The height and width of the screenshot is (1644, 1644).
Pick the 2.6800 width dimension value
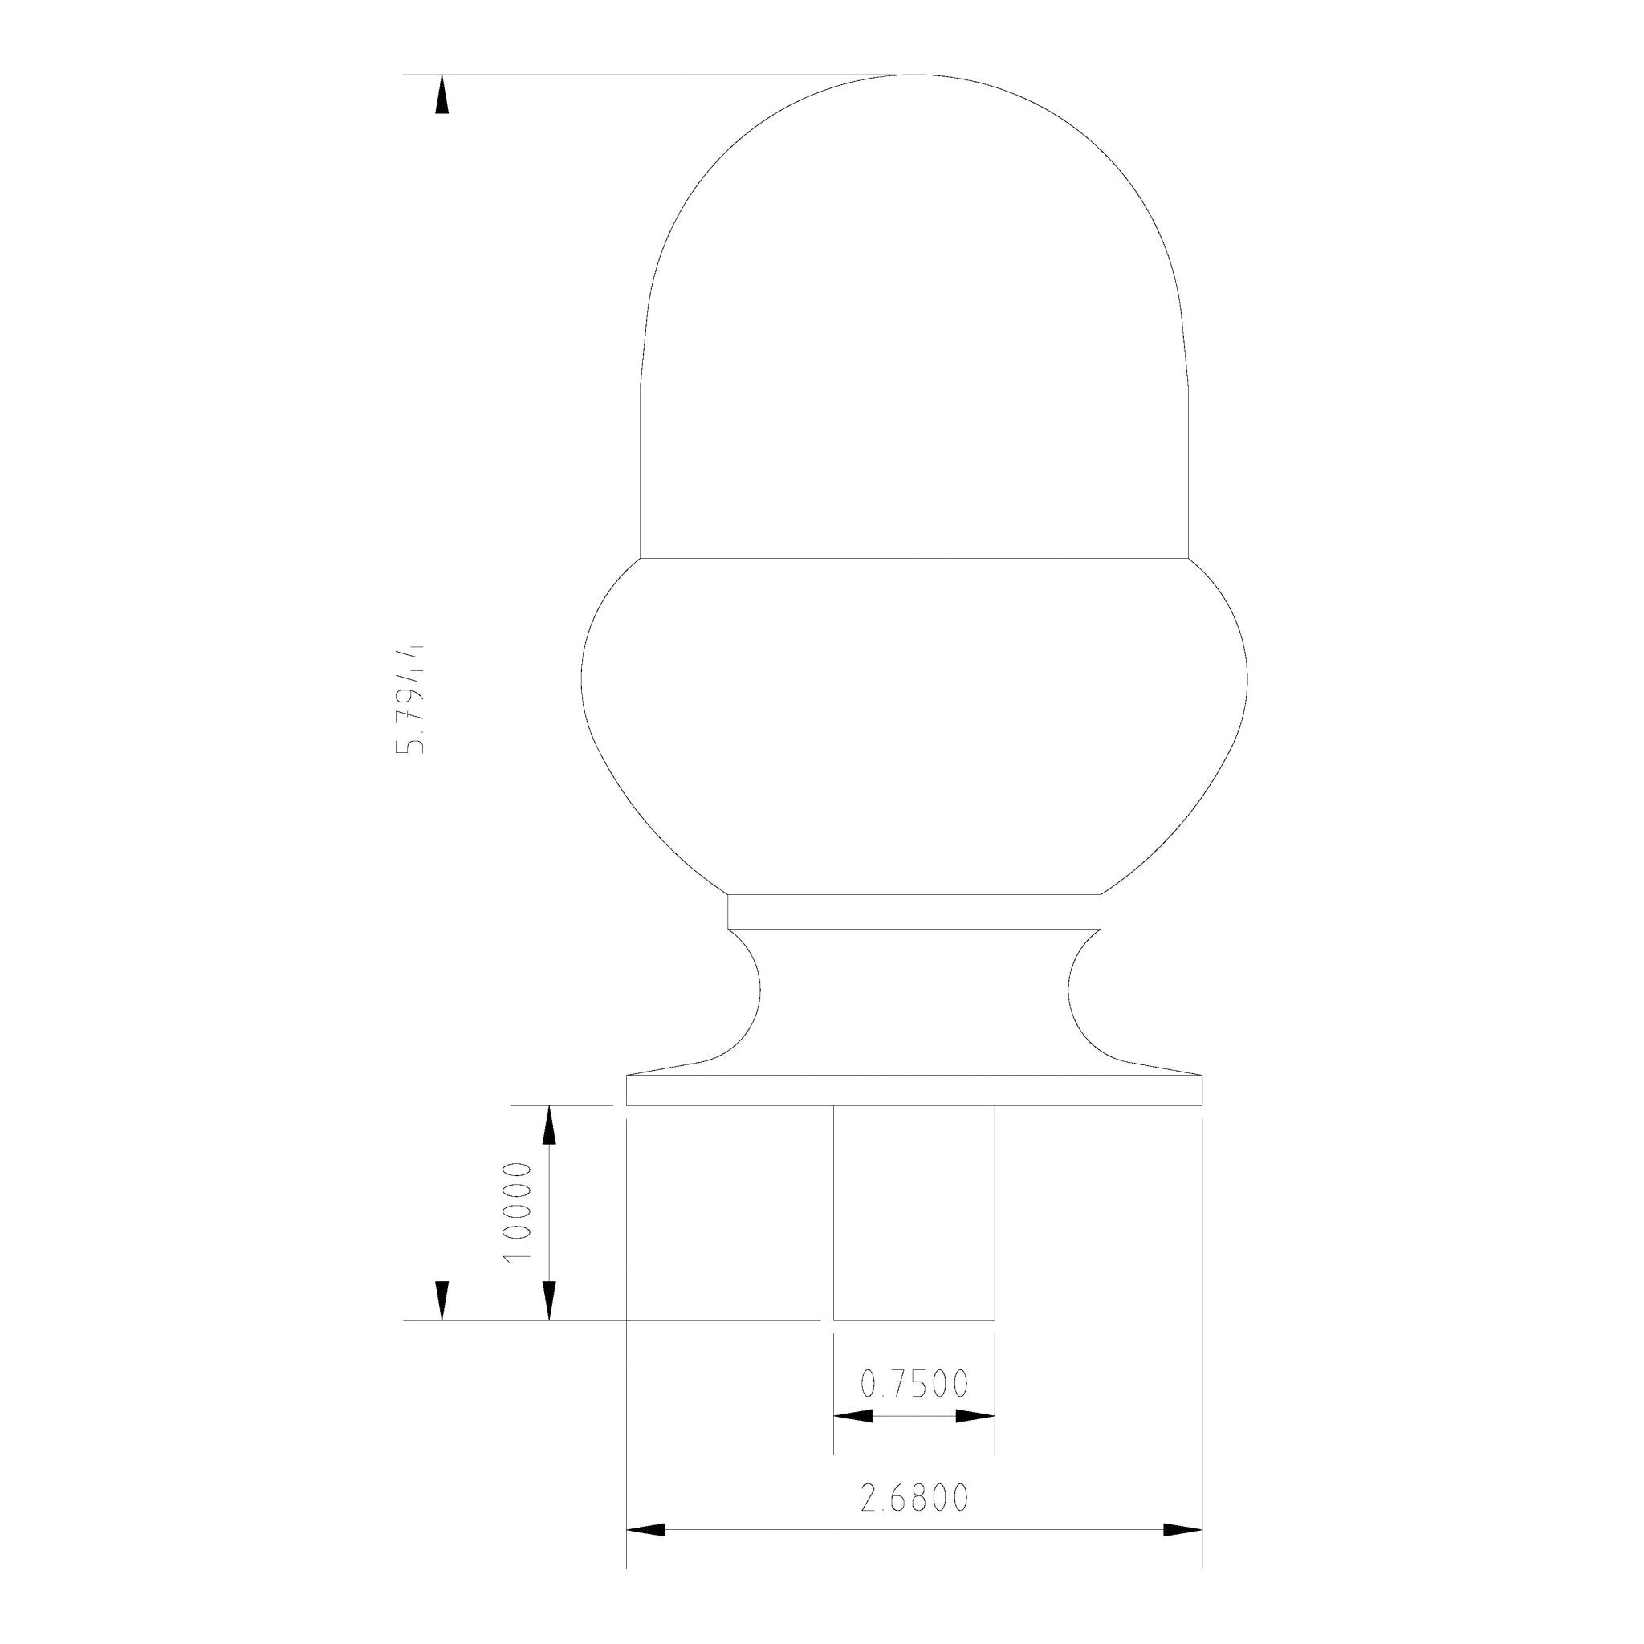(914, 1499)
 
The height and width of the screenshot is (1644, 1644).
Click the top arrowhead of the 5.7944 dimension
(442, 94)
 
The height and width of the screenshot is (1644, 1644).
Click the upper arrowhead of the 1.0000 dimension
(550, 1125)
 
